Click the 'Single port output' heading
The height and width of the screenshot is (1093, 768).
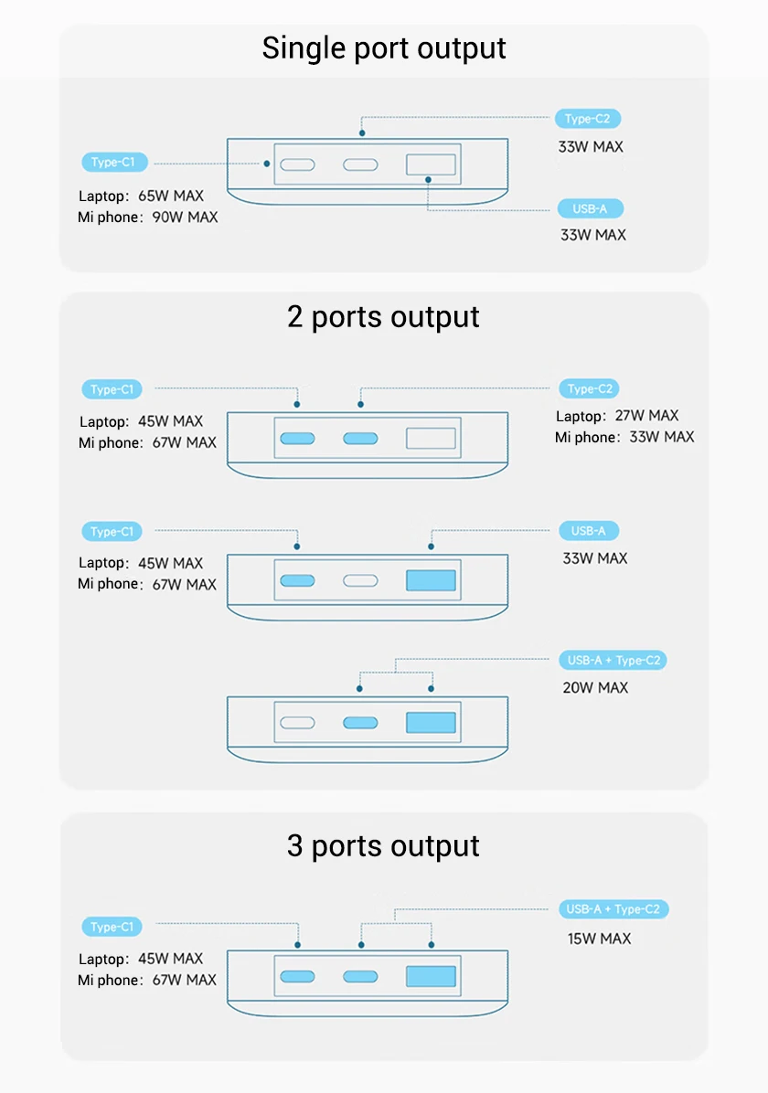click(384, 48)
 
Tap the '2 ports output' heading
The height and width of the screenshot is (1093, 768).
click(384, 316)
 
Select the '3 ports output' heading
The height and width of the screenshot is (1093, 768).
click(384, 845)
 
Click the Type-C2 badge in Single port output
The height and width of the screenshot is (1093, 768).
click(588, 119)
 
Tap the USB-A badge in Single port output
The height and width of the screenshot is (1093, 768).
click(590, 209)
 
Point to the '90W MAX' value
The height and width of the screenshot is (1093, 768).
click(185, 218)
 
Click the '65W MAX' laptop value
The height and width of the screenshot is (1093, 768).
click(171, 196)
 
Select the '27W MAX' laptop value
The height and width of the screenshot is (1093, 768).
click(646, 416)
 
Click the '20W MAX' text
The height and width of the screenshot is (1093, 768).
click(595, 687)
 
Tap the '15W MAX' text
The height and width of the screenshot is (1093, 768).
click(598, 939)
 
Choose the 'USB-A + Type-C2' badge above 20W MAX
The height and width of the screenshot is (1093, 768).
click(613, 660)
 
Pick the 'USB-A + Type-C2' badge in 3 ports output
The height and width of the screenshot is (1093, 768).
click(613, 909)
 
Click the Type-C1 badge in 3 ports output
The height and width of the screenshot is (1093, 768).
click(112, 927)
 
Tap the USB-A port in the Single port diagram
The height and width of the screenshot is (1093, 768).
click(431, 164)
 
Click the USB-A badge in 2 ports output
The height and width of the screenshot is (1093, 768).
click(588, 531)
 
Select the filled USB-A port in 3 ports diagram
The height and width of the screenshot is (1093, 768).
click(431, 975)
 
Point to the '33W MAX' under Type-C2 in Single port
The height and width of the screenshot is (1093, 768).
click(591, 146)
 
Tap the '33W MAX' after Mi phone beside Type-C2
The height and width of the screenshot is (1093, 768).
click(662, 437)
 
